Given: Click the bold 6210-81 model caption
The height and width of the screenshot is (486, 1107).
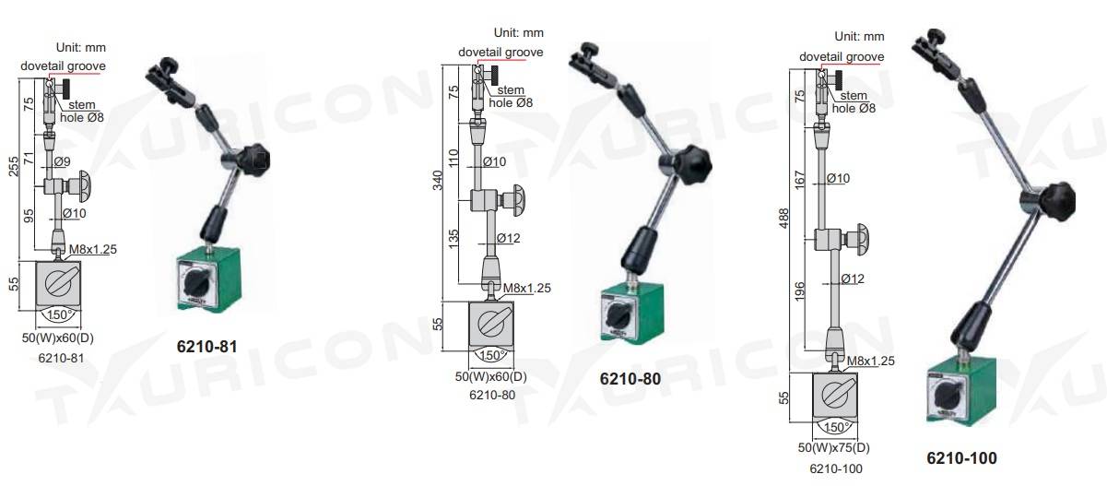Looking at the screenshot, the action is [x=207, y=347].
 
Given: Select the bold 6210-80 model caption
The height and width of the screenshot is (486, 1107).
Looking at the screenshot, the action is [x=630, y=379].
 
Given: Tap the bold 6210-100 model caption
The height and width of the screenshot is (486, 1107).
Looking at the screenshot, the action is [x=961, y=458].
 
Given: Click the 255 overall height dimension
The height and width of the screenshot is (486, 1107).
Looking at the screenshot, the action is [x=13, y=166].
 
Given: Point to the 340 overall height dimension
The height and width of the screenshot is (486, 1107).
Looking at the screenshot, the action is [x=438, y=181].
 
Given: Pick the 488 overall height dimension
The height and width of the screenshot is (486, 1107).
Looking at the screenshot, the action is [x=783, y=219].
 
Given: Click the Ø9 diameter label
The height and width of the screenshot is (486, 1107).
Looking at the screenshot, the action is [x=62, y=161].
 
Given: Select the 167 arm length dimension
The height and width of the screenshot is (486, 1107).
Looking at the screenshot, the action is [x=800, y=180].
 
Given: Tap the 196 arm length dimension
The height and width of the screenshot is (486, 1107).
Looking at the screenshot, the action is [x=800, y=291].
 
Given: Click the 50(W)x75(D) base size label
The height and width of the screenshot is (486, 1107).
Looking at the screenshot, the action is [x=834, y=447].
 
